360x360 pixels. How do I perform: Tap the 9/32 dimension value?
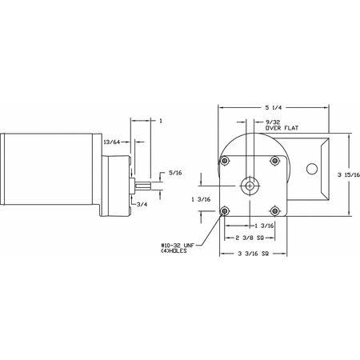point(262,120)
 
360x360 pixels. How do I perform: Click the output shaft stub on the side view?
point(142,188)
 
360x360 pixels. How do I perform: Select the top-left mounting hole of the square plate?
point(226,161)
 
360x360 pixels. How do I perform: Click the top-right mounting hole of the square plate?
point(276,161)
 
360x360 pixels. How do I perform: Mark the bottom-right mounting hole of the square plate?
point(276,211)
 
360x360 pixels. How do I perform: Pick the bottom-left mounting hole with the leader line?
point(226,211)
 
